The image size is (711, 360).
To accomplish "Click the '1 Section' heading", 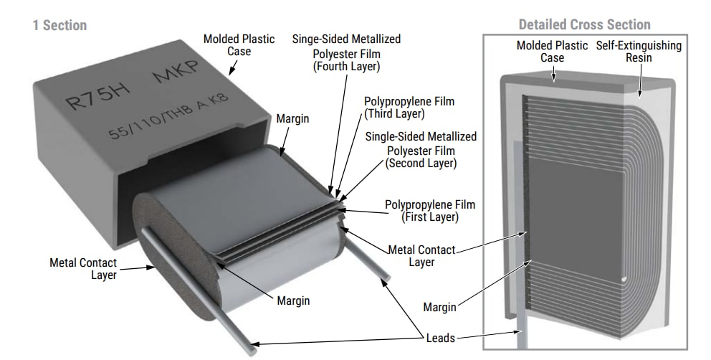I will coord(59,25).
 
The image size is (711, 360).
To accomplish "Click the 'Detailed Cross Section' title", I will coord(584,24).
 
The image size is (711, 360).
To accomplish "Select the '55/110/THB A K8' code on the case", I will coord(169,118).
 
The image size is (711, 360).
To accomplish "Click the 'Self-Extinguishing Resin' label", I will coord(639,51).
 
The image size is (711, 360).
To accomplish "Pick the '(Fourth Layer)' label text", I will coord(346,67).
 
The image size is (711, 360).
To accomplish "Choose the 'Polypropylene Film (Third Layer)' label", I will coord(409,108).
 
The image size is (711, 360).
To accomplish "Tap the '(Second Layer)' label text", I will coord(421,164).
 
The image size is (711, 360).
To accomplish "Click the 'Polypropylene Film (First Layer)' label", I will coord(429,210).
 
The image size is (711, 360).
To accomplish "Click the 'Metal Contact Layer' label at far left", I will coord(83,269).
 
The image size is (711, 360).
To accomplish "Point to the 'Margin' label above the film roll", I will coord(292,118).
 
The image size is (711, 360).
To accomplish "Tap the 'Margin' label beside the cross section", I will coord(439,307).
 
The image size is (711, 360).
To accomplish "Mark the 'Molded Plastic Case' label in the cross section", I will coord(553,51).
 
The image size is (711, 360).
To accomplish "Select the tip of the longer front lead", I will coord(252,350).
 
